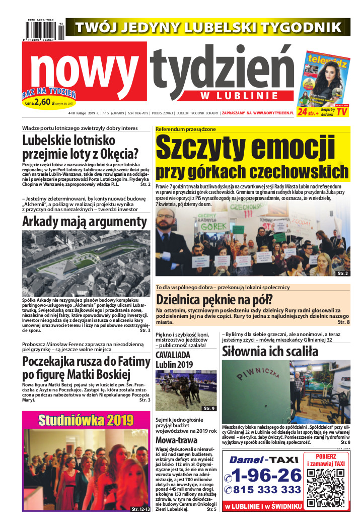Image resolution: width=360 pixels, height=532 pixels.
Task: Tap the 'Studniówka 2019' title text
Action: [86, 420]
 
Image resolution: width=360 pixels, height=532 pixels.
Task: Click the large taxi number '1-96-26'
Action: [264, 474]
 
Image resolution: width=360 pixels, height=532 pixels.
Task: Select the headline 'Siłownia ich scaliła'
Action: [270, 351]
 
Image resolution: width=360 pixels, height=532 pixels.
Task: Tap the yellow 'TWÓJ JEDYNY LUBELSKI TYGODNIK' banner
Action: [208, 26]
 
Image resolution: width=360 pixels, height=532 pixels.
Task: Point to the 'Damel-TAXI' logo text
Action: [263, 459]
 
